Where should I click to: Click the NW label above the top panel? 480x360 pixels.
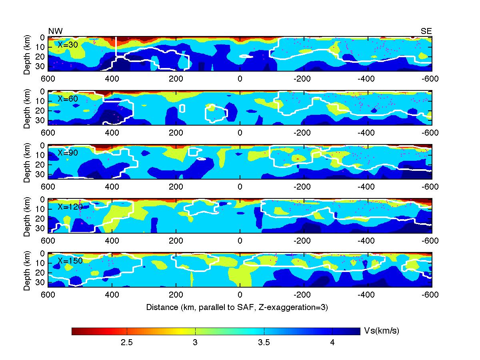(x=55, y=31)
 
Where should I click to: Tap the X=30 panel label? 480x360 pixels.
(x=68, y=45)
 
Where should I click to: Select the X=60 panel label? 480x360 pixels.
(x=68, y=98)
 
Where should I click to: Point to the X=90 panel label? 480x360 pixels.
(x=68, y=153)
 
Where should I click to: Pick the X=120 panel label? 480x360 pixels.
(x=70, y=207)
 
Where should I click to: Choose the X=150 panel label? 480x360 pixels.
(x=70, y=261)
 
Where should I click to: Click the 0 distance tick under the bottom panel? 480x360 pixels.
(x=240, y=295)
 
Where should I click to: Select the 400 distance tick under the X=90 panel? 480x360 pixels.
(x=112, y=186)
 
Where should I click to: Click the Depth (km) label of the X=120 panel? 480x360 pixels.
(x=27, y=216)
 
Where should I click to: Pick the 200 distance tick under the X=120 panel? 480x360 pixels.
(x=176, y=241)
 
